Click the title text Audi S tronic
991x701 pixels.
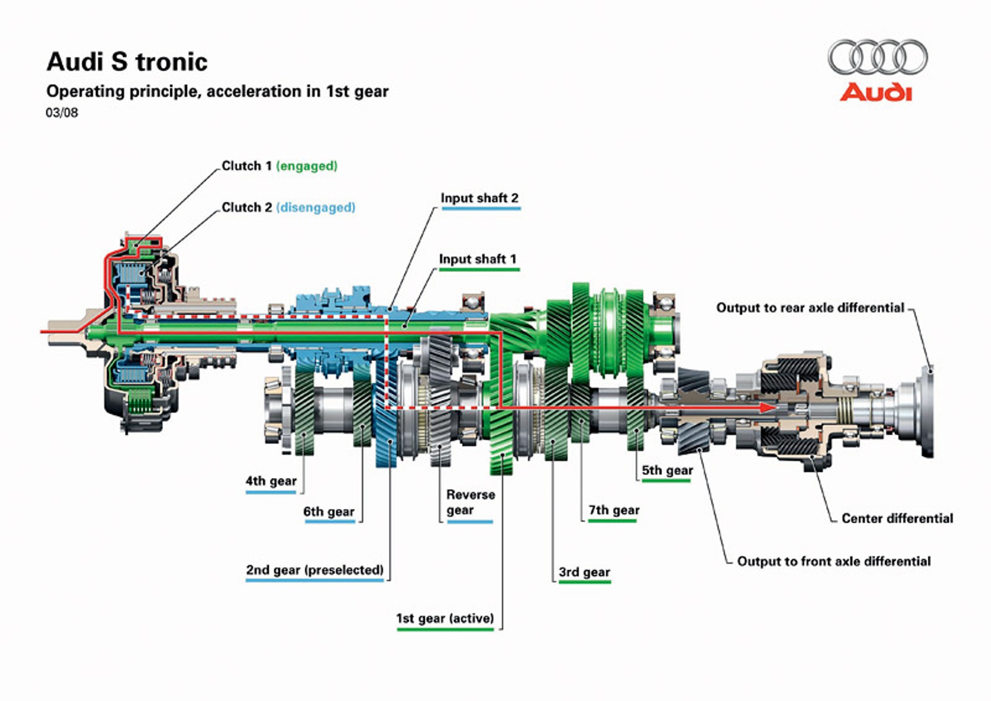[x=127, y=62]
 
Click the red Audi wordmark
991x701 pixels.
[x=876, y=92]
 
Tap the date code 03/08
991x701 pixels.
[x=62, y=113]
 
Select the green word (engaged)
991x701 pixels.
[x=306, y=166]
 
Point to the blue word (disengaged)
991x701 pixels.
[x=315, y=208]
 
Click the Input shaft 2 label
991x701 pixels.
[x=479, y=198]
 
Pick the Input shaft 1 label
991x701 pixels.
[x=478, y=259]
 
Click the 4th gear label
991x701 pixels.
[x=271, y=481]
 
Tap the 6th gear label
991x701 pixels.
[x=328, y=512]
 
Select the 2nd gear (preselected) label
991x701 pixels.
[x=314, y=570]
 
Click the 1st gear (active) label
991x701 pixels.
[x=445, y=618]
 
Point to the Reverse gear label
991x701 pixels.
[x=470, y=502]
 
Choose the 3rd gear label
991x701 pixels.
[x=584, y=572]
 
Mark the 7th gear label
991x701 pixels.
[x=614, y=510]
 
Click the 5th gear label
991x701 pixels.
[x=667, y=471]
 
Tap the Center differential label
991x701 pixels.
[x=897, y=519]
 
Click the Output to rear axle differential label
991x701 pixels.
[x=810, y=308]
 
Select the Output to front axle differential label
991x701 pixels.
[x=833, y=561]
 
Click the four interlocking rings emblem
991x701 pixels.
[x=877, y=57]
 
